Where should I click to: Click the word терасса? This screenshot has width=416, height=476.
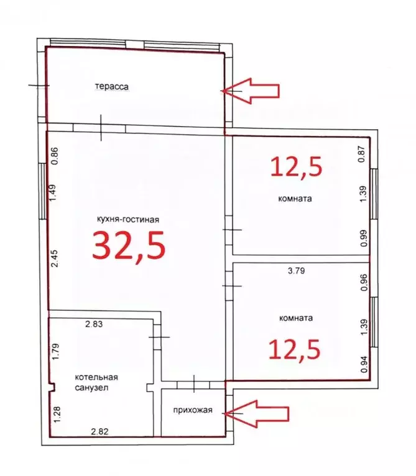click(112, 87)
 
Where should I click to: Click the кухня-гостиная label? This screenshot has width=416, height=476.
click(129, 218)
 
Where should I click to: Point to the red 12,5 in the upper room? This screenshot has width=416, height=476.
click(295, 166)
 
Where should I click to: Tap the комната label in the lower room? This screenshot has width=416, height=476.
click(296, 317)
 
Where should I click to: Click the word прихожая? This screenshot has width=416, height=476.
click(193, 410)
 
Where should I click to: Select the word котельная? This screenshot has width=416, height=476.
click(96, 377)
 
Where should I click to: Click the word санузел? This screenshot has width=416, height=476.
click(91, 387)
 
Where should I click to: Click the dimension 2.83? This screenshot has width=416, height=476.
click(94, 323)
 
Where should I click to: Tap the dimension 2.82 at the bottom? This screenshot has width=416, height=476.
click(100, 431)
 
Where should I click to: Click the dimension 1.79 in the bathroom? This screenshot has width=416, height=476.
click(55, 352)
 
